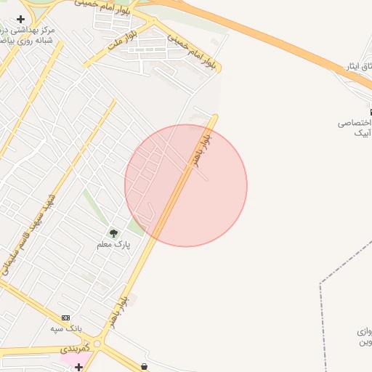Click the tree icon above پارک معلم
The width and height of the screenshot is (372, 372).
click(113, 233)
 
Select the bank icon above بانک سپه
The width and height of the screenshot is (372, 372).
click(66, 318)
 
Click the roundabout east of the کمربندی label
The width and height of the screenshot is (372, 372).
click(97, 344)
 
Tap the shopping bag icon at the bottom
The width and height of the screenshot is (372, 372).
click(145, 367)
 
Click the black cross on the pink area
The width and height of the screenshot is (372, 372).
click(78, 367)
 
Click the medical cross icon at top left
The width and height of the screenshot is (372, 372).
click(20, 20)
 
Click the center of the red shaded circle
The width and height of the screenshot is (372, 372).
click(186, 185)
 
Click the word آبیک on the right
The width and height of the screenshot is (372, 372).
click(361, 133)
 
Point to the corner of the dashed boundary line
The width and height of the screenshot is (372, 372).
click(320, 283)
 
